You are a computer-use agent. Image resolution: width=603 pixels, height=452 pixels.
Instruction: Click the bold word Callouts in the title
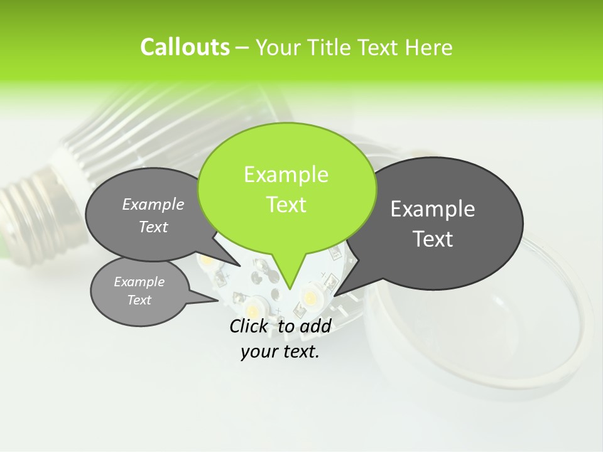[x=185, y=47]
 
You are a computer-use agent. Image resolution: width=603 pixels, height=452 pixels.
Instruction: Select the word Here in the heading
[x=428, y=48]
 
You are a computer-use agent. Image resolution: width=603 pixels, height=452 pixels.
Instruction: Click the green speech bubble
[x=286, y=188]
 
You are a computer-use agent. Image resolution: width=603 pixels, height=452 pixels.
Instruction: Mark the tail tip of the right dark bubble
[x=335, y=295]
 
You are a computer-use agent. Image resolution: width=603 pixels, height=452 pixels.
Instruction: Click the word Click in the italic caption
[x=250, y=326]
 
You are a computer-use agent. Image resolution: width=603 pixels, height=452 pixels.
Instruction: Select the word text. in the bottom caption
[x=298, y=352]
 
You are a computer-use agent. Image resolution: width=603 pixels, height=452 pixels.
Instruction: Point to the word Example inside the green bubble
[x=286, y=175]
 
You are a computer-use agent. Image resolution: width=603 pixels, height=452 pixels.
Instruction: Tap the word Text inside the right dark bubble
[x=433, y=239]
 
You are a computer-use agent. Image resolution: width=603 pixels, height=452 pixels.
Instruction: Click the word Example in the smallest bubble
[x=139, y=282]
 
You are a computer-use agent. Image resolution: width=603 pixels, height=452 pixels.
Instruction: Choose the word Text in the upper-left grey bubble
[x=153, y=227]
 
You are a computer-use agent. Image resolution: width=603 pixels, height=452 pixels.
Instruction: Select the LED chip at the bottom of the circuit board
[x=254, y=308]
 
